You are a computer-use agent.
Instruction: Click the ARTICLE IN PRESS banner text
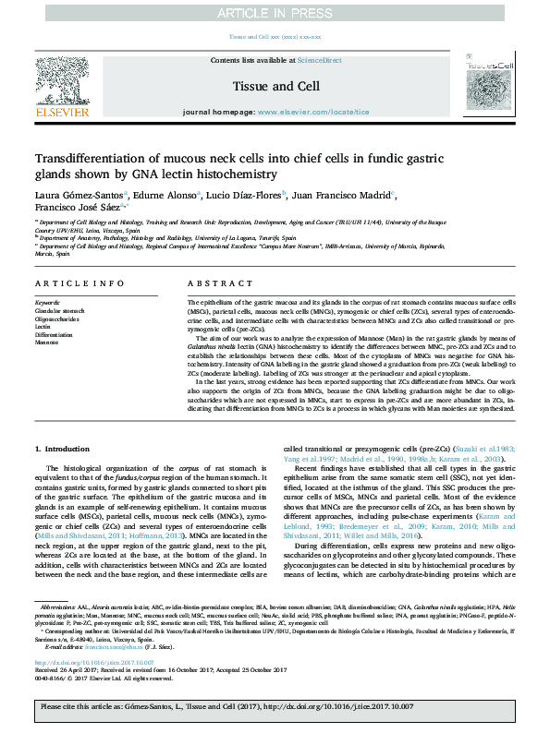(x=275, y=13)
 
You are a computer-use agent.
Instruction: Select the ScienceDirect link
(x=319, y=59)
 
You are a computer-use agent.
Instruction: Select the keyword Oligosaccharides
(x=57, y=318)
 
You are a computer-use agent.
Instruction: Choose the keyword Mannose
(x=48, y=342)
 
